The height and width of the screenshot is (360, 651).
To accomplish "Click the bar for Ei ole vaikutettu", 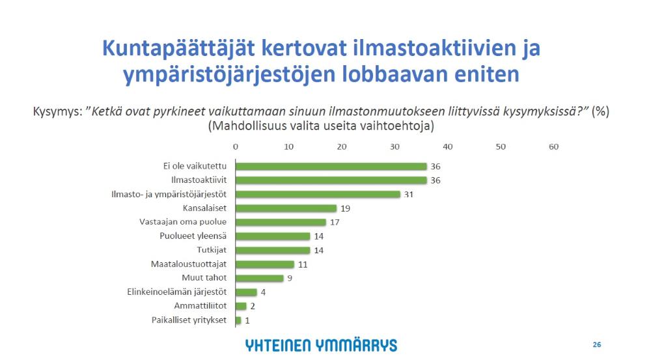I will click(331, 167).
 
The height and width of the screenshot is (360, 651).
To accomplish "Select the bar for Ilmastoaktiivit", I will click(331, 180).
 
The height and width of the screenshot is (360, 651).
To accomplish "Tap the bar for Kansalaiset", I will click(286, 208).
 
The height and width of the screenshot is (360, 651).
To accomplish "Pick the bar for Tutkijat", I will click(273, 250).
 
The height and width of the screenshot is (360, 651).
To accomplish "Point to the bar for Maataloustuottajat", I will click(265, 264).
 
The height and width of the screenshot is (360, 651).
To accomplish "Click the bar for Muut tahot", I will click(260, 278).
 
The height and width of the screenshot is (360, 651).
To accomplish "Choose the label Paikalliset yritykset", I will click(189, 320).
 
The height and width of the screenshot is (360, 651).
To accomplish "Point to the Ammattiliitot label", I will click(200, 306).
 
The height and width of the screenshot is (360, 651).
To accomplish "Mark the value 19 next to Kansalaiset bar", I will click(346, 208).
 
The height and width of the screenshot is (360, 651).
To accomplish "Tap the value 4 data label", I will click(264, 292).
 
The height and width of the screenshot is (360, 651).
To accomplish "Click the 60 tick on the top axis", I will click(553, 147).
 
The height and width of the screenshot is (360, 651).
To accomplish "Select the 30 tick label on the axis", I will click(395, 147).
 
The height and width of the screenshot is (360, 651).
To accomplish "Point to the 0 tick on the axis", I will click(236, 147).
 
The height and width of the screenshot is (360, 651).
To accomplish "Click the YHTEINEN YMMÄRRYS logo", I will click(322, 345).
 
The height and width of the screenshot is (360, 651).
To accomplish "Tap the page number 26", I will click(596, 344).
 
